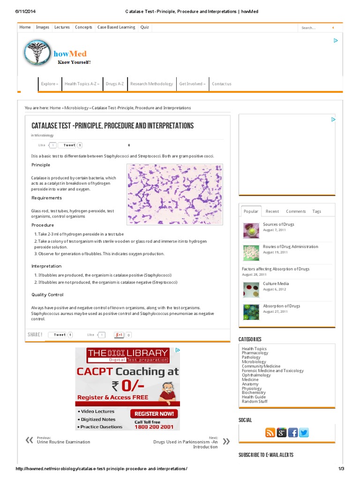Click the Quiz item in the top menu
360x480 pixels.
pyautogui.click(x=144, y=27)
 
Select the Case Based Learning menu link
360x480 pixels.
pyautogui.click(x=116, y=27)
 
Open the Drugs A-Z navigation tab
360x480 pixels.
pyautogui.click(x=115, y=84)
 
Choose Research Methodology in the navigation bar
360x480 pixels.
pyautogui.click(x=151, y=84)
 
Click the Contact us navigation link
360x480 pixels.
pyautogui.click(x=221, y=84)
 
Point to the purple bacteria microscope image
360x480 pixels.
pyautogui.click(x=175, y=194)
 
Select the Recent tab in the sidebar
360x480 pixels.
pyautogui.click(x=272, y=211)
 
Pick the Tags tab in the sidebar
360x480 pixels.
pyautogui.click(x=317, y=211)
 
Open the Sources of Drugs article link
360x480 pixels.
pyautogui.click(x=278, y=225)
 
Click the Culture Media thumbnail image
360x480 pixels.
pyautogui.click(x=251, y=290)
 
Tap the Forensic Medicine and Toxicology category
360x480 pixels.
pyautogui.click(x=272, y=371)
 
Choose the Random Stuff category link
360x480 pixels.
pyautogui.click(x=255, y=401)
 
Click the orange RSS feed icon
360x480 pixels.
pyautogui.click(x=270, y=433)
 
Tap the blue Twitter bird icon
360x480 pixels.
pyautogui.click(x=304, y=433)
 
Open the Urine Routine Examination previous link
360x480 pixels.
pyautogui.click(x=63, y=442)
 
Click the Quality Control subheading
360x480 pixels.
pyautogui.click(x=47, y=295)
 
